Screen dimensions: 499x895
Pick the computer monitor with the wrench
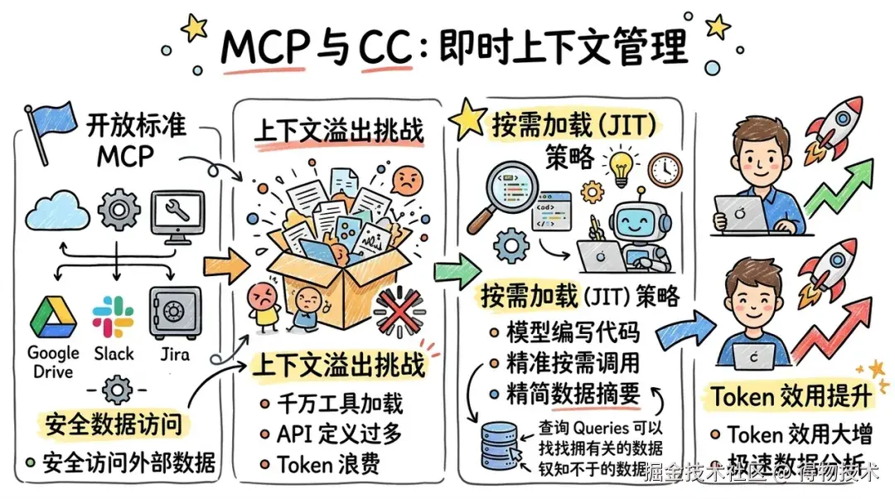coord(177,213)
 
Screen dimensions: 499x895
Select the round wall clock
coord(664,170)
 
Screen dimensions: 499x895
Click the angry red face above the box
coord(406,180)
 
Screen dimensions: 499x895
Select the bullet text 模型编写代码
coord(573,332)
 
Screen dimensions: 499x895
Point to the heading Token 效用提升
coord(791,397)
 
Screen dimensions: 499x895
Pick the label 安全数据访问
coord(114,424)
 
